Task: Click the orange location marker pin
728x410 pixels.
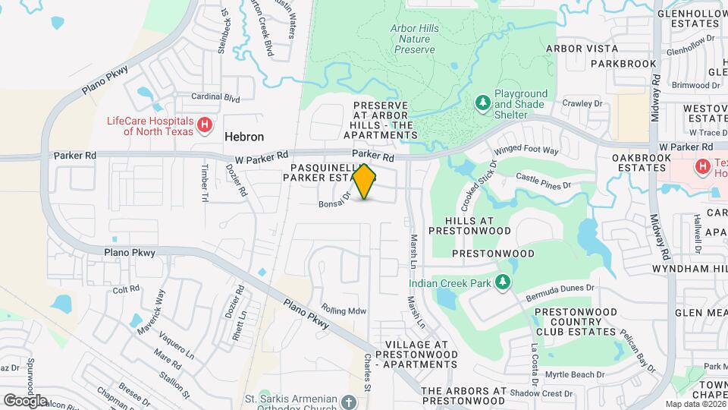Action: (364, 181)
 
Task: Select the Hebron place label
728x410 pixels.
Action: (244, 137)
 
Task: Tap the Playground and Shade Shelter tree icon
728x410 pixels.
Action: (482, 102)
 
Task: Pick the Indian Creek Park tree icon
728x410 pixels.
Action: (501, 282)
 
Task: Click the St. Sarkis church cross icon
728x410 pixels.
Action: (348, 401)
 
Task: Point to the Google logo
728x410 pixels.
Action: (25, 400)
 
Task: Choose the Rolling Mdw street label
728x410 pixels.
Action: (344, 310)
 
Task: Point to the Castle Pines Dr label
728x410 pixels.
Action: (542, 181)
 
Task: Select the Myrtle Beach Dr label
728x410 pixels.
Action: (575, 374)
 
